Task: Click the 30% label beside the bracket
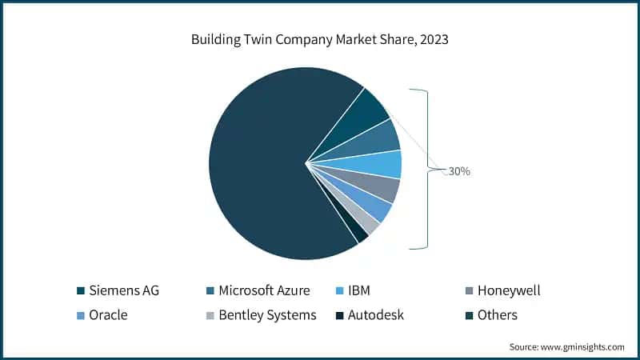pos(458,171)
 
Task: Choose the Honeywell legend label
pos(509,290)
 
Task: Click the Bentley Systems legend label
pos(267,315)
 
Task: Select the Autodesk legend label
pos(375,315)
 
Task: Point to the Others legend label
pos(498,315)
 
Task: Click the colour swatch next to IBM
pos(339,290)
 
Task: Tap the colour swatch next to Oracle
pos(81,315)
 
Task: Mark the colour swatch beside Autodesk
pos(339,315)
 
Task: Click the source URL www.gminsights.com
pos(582,347)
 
